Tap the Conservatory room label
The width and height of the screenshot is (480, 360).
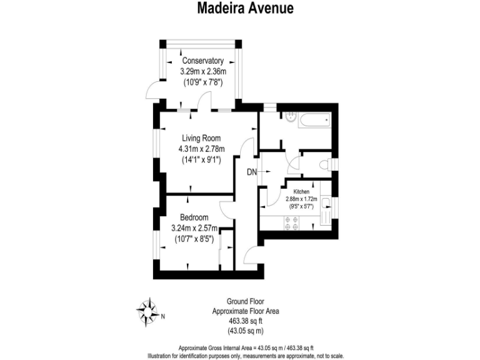click(x=202, y=61)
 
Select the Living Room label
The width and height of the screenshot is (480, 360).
click(x=201, y=138)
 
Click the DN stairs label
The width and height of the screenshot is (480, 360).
click(x=251, y=172)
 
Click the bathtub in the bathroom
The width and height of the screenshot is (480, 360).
click(x=314, y=120)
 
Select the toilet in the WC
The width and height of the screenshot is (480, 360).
click(x=324, y=165)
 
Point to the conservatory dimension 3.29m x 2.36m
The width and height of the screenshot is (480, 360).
click(x=202, y=71)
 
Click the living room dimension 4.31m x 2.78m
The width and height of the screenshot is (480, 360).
click(x=201, y=149)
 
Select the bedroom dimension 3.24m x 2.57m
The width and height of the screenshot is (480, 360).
click(x=195, y=227)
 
